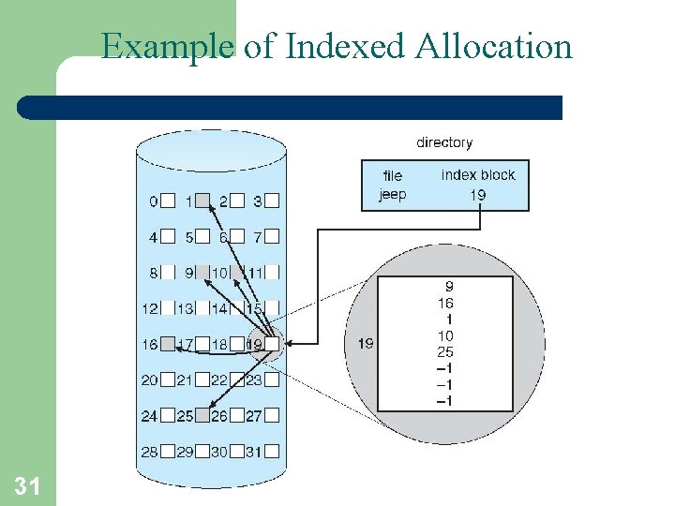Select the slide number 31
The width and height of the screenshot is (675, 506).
click(26, 485)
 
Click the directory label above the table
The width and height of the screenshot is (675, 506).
click(444, 142)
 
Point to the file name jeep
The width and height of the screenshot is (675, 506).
click(392, 195)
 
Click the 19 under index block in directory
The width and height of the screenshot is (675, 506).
click(478, 195)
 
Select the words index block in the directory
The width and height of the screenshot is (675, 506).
click(478, 175)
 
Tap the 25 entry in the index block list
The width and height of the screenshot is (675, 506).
click(444, 352)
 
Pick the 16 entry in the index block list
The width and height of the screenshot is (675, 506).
click(444, 303)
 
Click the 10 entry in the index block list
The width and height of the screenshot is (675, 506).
click(444, 335)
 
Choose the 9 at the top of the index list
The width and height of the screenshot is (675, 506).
click(448, 287)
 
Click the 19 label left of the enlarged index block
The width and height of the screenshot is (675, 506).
click(366, 344)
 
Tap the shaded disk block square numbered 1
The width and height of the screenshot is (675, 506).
click(202, 201)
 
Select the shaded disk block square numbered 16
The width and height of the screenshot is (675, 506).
click(167, 345)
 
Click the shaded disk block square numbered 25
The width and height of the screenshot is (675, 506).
click(202, 416)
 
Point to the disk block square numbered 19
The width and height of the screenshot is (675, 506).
click(271, 345)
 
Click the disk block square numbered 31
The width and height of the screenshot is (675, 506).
click(271, 452)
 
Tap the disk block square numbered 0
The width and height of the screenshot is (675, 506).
click(167, 201)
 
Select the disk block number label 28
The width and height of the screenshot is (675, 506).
click(149, 452)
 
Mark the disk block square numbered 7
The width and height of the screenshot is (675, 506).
click(271, 237)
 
